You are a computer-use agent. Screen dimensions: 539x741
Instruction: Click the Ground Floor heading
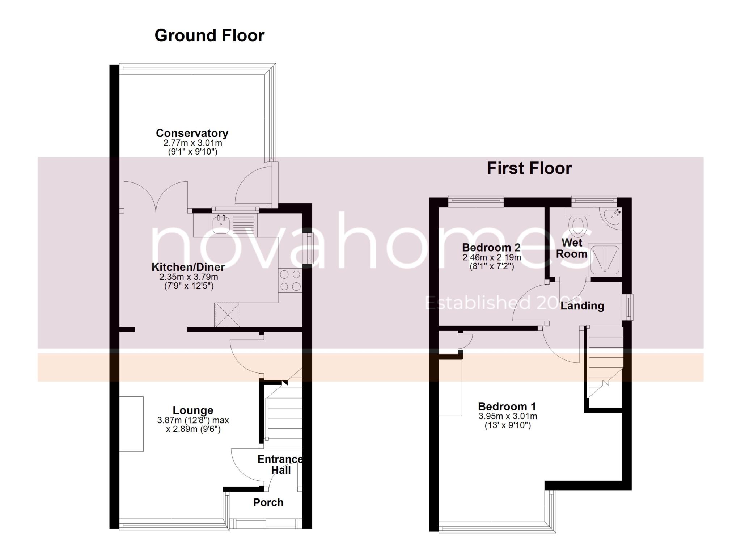click(209, 35)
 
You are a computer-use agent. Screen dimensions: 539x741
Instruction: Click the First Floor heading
click(529, 168)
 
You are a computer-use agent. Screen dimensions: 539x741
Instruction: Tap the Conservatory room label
click(192, 133)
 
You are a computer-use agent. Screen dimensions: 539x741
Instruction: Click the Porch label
click(268, 502)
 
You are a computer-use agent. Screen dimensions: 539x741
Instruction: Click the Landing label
click(582, 306)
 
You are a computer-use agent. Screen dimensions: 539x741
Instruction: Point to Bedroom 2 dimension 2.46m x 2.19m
click(491, 257)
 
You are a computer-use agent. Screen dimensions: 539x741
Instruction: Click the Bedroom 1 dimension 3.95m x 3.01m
click(507, 416)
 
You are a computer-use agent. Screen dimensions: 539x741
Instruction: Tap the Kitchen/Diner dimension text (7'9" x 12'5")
click(189, 286)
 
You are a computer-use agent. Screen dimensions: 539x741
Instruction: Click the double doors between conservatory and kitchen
click(156, 197)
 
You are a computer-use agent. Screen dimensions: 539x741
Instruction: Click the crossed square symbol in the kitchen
click(227, 315)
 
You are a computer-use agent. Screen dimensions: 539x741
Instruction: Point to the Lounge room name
click(193, 410)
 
